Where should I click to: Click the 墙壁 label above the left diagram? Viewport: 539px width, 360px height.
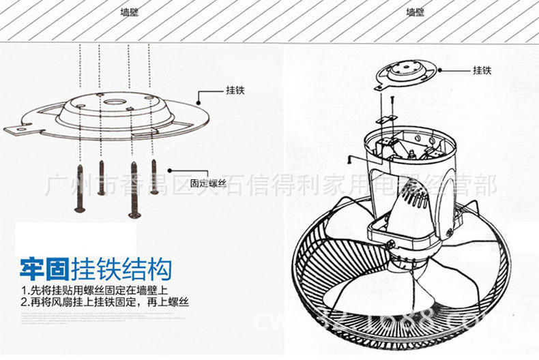coord(129,12)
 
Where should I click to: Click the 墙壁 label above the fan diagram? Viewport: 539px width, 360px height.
coord(415,12)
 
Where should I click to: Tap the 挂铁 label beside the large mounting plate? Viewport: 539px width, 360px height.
coord(235,91)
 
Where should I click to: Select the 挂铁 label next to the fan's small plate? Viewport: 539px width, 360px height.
coord(482,70)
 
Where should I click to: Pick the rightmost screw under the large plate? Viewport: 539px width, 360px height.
coord(154,176)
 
